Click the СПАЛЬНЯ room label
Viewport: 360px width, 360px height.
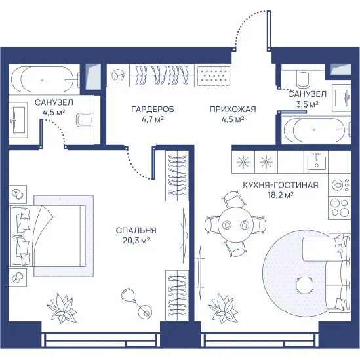[136, 230]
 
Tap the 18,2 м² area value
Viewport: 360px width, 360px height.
[281, 195]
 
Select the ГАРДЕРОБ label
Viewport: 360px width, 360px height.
[153, 110]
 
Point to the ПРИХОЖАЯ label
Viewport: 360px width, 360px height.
[233, 110]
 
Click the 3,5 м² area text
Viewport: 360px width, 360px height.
[307, 104]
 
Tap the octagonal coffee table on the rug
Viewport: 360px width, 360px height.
[304, 285]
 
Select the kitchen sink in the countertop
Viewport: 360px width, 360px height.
[316, 161]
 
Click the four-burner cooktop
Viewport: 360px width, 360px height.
[339, 208]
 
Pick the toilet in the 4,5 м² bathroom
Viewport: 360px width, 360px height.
[85, 119]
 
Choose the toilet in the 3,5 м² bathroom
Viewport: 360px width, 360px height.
[304, 78]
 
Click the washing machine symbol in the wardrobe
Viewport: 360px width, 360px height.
[118, 75]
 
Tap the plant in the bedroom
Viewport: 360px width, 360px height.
[62, 308]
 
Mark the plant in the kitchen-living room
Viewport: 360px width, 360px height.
[223, 308]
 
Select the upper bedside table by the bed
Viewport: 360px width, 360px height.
[18, 195]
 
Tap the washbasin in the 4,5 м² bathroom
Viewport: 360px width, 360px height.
[18, 119]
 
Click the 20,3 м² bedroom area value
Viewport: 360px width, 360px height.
[136, 241]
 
